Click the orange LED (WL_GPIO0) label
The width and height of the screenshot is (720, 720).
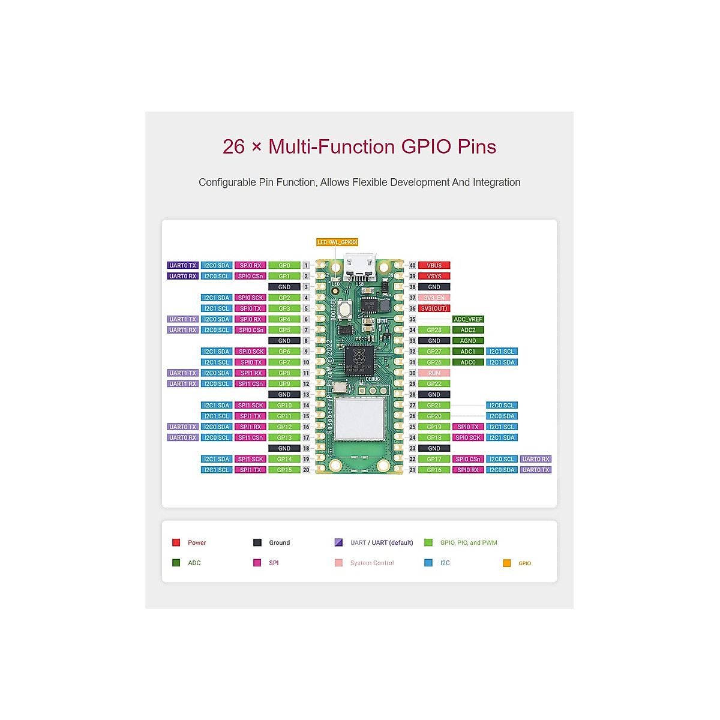click(337, 242)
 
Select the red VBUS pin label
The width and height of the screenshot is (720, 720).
click(434, 265)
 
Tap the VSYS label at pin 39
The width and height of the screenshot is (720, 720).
click(434, 276)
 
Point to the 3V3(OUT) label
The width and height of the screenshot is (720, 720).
click(434, 308)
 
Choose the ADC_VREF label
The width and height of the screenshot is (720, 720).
click(468, 319)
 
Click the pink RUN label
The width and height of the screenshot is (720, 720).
click(434, 373)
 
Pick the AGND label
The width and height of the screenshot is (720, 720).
click(468, 341)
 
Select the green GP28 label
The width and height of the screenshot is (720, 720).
click(434, 330)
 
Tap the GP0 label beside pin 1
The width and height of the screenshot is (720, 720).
click(284, 265)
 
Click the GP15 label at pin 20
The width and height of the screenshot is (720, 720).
click(284, 470)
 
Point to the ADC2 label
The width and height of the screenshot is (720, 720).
click(468, 330)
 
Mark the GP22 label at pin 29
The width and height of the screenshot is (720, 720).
click(434, 384)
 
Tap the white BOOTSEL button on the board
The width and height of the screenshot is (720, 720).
click(345, 310)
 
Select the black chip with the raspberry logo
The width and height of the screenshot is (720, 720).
click(359, 360)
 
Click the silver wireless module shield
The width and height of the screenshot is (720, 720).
click(359, 418)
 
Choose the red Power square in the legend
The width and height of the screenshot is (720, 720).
click(176, 542)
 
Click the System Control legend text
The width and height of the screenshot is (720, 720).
click(372, 563)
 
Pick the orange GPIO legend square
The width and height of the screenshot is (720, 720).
click(507, 563)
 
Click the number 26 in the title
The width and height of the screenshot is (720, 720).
click(233, 147)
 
